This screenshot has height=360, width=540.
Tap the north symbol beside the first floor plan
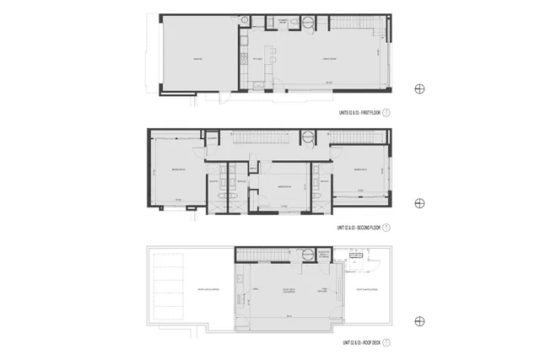click(419, 89)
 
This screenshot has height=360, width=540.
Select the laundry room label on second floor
click(214, 137)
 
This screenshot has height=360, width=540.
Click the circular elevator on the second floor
click(307, 137)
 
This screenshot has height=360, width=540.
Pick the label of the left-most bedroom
click(178, 169)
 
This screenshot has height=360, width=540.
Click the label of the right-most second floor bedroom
click(359, 169)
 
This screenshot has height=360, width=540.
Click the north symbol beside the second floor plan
click(419, 204)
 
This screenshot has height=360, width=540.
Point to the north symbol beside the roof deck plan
click(419, 320)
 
